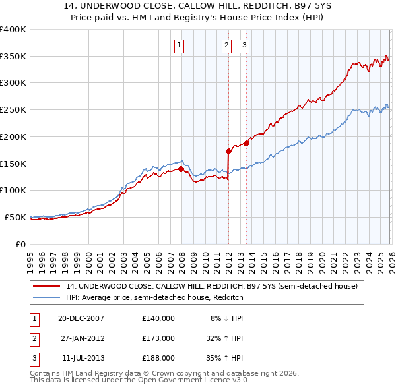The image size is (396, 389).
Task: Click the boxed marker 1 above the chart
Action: [x=180, y=45]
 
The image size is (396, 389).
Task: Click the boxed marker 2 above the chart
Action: [x=226, y=45]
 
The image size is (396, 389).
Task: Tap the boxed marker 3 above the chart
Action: [x=244, y=45]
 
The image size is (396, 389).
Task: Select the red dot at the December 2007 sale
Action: [x=181, y=169]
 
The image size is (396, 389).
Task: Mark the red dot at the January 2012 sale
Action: [x=228, y=151]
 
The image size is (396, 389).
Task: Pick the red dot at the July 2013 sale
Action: [x=246, y=143]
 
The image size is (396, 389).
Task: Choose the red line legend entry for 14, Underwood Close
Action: [x=211, y=286]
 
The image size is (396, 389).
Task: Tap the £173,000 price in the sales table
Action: [x=158, y=338]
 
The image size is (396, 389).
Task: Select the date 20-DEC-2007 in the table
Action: [x=81, y=318]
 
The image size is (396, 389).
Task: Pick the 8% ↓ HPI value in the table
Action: [x=227, y=318]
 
